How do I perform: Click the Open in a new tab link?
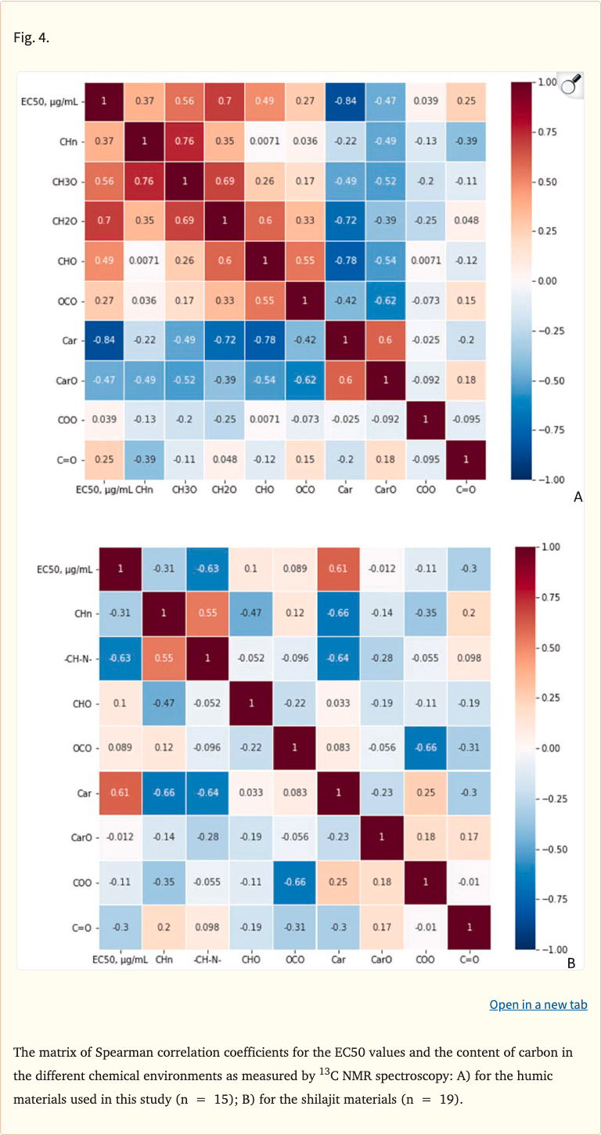538,1004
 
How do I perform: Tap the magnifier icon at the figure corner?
573,84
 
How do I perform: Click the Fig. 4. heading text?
31,38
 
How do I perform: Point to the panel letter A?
578,496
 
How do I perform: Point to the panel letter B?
571,963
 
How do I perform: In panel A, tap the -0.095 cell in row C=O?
425,459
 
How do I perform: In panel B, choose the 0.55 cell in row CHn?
207,613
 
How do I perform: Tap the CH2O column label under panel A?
226,490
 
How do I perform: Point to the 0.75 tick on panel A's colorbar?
547,132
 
